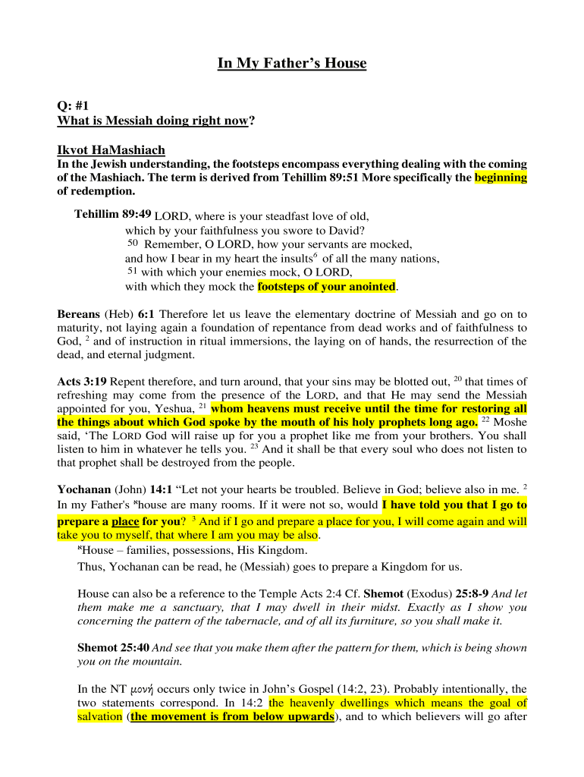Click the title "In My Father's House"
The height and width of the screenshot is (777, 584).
[x=292, y=64]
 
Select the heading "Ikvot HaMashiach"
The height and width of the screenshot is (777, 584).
[x=111, y=149]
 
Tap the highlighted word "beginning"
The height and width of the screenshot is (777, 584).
[x=501, y=178]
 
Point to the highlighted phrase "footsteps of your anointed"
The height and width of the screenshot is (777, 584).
[x=327, y=287]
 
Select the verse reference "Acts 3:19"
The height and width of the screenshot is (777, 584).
[x=81, y=382]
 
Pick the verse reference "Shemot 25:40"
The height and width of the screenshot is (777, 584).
[x=114, y=648]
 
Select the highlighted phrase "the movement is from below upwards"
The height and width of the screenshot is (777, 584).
[x=232, y=717]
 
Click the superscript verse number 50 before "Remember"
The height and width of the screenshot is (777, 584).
[x=133, y=243]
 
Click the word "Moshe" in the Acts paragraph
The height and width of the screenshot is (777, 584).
[x=510, y=423]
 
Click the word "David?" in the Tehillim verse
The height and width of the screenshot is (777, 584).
[x=347, y=230]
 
